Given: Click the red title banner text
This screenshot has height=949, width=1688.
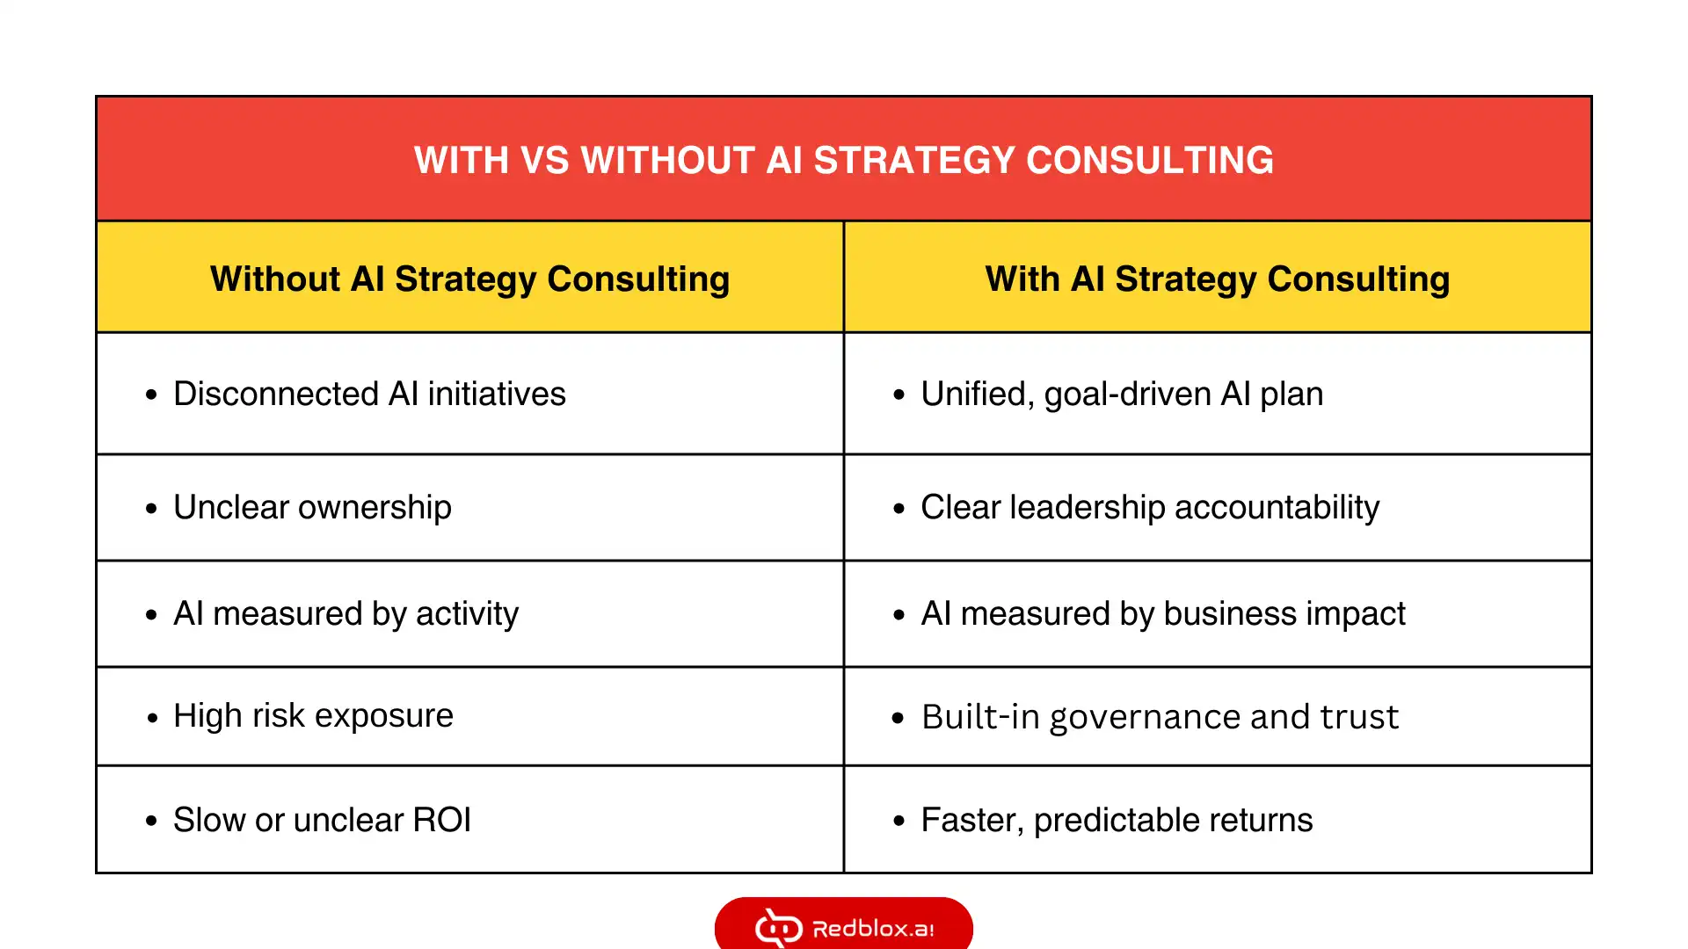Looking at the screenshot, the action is [844, 160].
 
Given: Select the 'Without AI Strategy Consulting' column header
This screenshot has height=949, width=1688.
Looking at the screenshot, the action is [470, 279].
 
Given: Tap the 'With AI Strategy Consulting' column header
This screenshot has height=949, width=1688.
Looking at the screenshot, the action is [1218, 279].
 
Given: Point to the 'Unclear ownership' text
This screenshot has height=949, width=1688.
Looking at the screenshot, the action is [312, 508].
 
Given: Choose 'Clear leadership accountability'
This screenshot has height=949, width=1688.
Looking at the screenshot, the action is [1150, 508].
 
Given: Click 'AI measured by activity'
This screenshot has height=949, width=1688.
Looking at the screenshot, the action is [346, 614].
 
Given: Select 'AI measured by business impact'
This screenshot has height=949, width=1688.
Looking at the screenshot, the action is [1163, 614].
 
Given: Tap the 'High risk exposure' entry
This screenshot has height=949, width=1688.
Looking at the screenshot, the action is [313, 716].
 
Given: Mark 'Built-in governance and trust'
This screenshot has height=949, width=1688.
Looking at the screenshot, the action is [1160, 717].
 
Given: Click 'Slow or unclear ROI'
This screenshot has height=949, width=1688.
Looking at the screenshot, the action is [322, 820].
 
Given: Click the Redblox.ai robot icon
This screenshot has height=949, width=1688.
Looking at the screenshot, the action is [779, 928].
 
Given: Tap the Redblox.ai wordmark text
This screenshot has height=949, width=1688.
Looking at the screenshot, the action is [873, 929].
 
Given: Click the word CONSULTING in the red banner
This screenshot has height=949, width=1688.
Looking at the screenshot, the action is [1150, 160].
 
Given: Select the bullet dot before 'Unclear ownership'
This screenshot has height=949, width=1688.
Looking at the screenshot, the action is [151, 509].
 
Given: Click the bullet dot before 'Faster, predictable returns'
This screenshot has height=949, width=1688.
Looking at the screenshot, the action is [899, 822].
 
